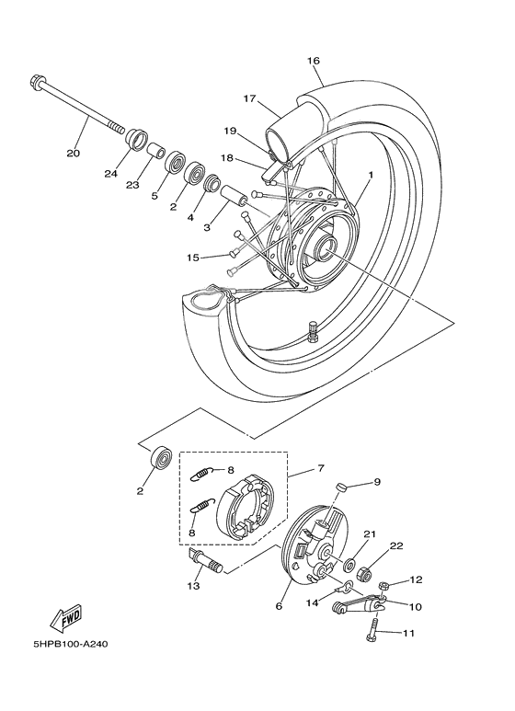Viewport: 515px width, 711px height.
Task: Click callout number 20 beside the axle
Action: click(x=74, y=152)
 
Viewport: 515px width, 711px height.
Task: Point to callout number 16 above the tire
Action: click(x=313, y=61)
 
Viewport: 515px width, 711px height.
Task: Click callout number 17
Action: click(x=248, y=98)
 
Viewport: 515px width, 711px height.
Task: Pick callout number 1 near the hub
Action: click(x=371, y=174)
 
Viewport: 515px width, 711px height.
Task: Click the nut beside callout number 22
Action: click(x=363, y=574)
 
